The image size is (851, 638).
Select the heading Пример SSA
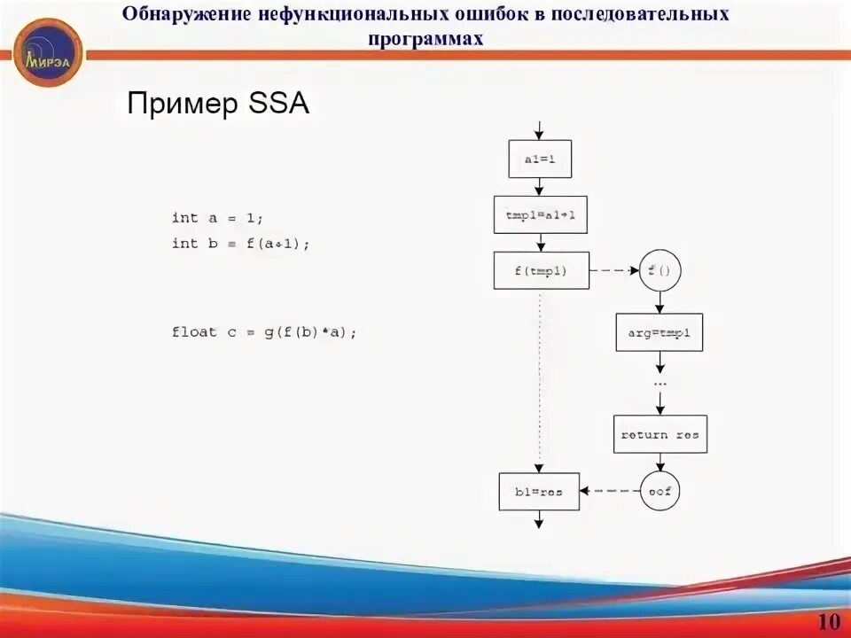pyautogui.click(x=218, y=104)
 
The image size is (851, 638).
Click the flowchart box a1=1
pyautogui.click(x=539, y=159)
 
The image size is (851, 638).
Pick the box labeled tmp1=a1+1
pyautogui.click(x=540, y=214)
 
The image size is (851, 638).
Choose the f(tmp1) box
pyautogui.click(x=541, y=270)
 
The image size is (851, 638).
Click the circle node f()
pyautogui.click(x=659, y=271)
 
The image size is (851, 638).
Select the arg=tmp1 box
pyautogui.click(x=659, y=332)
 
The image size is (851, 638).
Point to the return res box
pyautogui.click(x=660, y=434)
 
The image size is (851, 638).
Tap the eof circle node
pyautogui.click(x=660, y=490)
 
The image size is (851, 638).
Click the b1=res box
pyautogui.click(x=539, y=491)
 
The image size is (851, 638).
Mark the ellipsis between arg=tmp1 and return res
pyautogui.click(x=660, y=384)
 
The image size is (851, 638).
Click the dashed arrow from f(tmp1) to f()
pyautogui.click(x=614, y=271)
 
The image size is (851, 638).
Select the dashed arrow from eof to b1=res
pyautogui.click(x=610, y=490)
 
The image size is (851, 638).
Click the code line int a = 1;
pyautogui.click(x=218, y=218)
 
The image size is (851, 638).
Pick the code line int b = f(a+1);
pyautogui.click(x=241, y=243)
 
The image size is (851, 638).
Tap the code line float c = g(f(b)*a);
pyautogui.click(x=264, y=332)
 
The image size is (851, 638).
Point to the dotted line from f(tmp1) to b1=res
pyautogui.click(x=539, y=381)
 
